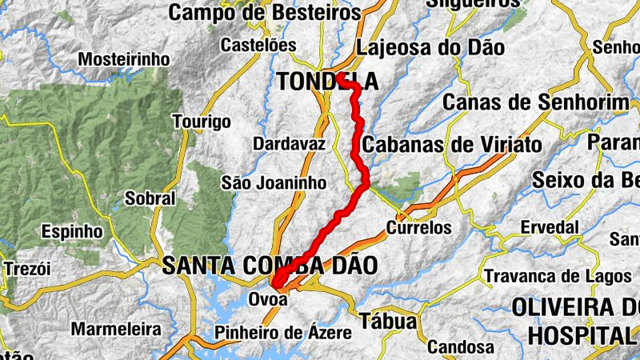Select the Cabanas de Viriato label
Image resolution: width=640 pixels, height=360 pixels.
452,145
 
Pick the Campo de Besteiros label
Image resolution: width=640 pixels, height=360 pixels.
265,13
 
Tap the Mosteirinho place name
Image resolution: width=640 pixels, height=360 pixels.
123,60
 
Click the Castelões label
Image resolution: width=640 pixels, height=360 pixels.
258,45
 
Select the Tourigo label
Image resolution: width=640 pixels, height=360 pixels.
202,122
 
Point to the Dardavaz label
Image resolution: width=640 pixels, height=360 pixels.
289,144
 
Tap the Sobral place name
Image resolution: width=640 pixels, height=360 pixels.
150,198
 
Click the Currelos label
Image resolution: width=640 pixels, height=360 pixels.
419,227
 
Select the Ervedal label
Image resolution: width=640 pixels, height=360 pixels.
549,227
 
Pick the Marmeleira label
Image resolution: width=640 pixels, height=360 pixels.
115,329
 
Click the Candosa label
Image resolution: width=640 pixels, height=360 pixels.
459,347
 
